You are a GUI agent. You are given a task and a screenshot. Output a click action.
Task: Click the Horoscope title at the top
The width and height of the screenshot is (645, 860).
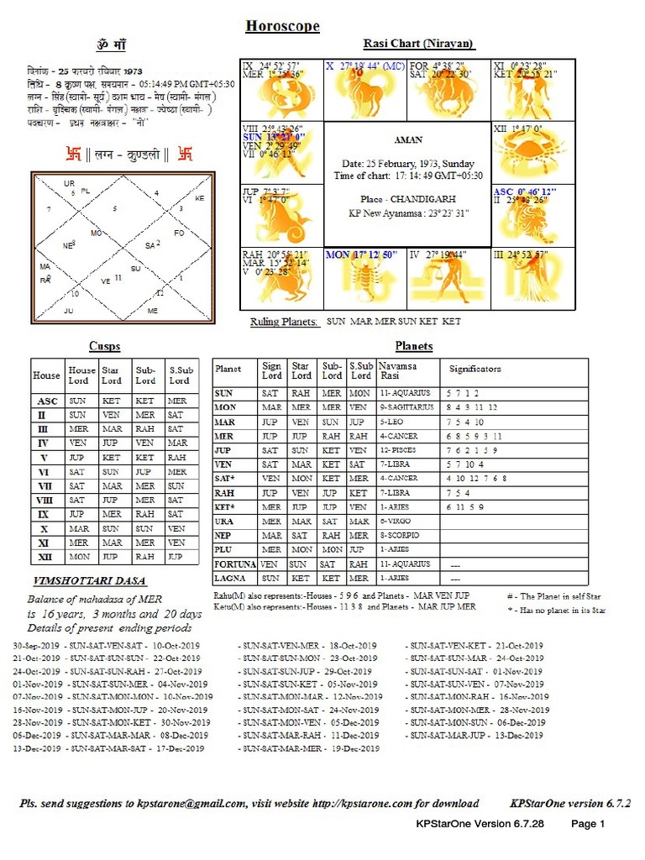pos(282,26)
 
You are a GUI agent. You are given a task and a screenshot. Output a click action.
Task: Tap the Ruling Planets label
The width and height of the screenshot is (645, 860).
pos(284,322)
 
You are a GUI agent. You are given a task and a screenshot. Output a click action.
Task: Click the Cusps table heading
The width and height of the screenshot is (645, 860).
pos(104,346)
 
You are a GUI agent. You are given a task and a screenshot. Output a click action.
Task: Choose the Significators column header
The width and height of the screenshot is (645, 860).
pos(475,369)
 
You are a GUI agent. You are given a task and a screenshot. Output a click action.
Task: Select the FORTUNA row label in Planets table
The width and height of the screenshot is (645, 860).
pos(234,564)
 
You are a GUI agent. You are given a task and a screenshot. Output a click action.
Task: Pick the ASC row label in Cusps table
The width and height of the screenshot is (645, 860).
pos(47,401)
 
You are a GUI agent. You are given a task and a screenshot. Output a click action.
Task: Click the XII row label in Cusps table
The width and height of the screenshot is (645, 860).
pos(47,557)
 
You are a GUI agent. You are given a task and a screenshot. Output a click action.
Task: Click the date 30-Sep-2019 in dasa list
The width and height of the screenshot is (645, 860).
pos(37,646)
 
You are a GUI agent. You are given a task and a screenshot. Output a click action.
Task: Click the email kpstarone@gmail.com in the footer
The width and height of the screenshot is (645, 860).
pos(192,804)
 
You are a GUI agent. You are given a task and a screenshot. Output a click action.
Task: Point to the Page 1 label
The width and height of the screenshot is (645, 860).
pos(588,824)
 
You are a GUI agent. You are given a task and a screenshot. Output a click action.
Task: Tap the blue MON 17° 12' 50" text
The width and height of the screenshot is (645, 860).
pos(362,254)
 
